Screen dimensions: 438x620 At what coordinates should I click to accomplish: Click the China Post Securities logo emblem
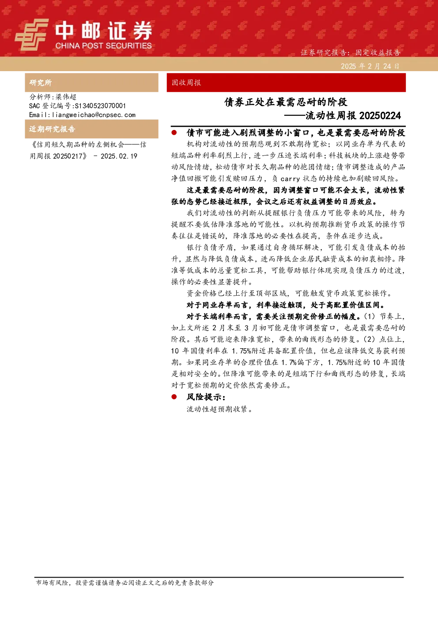pyautogui.click(x=31, y=34)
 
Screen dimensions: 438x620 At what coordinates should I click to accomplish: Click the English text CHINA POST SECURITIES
pyautogui.click(x=103, y=46)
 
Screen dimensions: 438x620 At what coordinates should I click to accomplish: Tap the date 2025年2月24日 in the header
pyautogui.click(x=370, y=66)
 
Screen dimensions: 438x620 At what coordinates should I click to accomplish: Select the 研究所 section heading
pyautogui.click(x=41, y=83)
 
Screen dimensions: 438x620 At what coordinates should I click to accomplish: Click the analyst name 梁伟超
pyautogui.click(x=66, y=97)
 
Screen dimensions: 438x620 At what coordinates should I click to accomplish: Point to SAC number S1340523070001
pyautogui.click(x=100, y=106)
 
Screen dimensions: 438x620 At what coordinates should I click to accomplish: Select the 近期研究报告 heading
pyautogui.click(x=52, y=129)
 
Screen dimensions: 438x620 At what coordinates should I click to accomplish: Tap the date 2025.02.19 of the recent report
pyautogui.click(x=119, y=156)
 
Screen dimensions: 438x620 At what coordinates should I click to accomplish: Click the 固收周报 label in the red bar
pyautogui.click(x=186, y=83)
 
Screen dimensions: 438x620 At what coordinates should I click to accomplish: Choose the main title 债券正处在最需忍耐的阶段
pyautogui.click(x=286, y=102)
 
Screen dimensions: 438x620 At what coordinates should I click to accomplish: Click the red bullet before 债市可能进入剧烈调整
pyautogui.click(x=174, y=133)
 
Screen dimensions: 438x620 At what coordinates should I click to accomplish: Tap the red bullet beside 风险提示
pyautogui.click(x=174, y=397)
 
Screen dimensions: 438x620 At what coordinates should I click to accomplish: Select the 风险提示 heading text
pyautogui.click(x=206, y=397)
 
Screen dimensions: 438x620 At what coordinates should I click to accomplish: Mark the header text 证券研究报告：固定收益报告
pyautogui.click(x=350, y=53)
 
